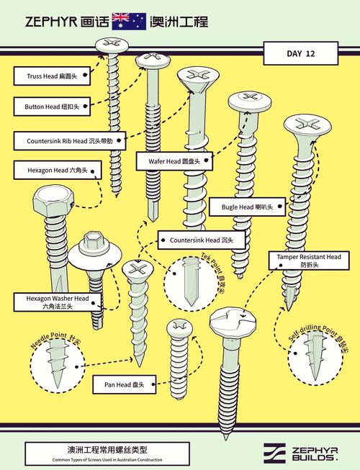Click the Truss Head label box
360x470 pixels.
coord(52,76)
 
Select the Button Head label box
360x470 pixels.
coord(52,107)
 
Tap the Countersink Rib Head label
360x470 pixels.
coord(70,141)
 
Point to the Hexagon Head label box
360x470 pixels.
coord(58,171)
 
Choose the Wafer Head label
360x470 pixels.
coord(174,161)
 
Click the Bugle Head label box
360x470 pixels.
coord(247,207)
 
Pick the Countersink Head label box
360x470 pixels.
coord(202,240)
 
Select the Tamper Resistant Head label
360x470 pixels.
coord(309,261)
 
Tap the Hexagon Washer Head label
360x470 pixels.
coord(58,302)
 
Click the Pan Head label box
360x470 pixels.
coord(125,384)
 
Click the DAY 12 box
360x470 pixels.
coord(301,53)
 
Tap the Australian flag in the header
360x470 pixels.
coord(129,22)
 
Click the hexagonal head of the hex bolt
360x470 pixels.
coord(54,201)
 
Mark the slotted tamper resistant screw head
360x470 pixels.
coord(233,324)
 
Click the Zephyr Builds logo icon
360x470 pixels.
coord(274,453)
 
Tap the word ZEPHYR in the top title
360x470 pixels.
coord(51,22)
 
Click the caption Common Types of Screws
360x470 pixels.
coord(107,459)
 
